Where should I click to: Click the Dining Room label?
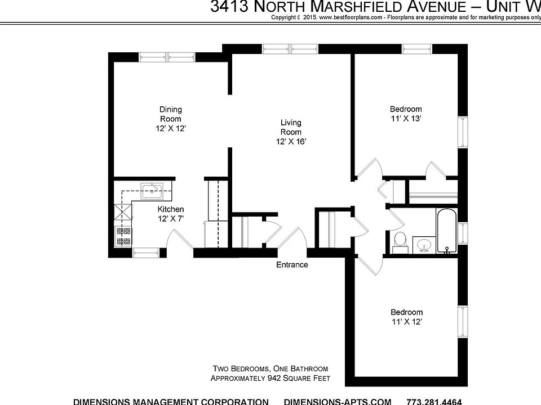click(x=170, y=114)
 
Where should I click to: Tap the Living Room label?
click(x=291, y=127)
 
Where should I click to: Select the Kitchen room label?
click(x=170, y=209)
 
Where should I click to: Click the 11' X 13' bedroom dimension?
click(x=406, y=119)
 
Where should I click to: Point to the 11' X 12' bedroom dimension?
click(x=406, y=322)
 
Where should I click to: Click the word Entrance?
click(x=292, y=264)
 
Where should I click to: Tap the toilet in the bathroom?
click(x=400, y=239)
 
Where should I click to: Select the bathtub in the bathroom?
click(x=445, y=231)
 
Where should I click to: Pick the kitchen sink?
click(x=152, y=190)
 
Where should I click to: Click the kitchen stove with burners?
click(x=123, y=236)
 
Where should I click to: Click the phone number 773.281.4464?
click(x=434, y=401)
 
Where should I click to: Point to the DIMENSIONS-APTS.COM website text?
click(x=338, y=401)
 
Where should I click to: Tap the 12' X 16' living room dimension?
click(x=291, y=142)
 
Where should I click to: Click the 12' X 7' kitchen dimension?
click(x=170, y=219)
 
